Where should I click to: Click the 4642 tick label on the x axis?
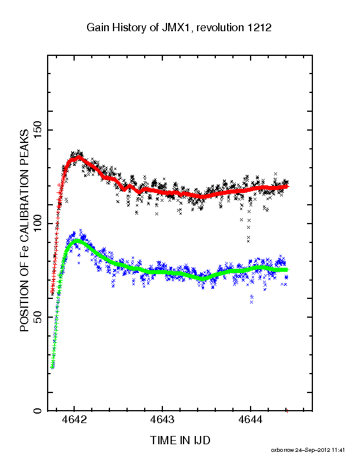coord(75,420)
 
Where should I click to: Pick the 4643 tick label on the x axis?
coord(162,420)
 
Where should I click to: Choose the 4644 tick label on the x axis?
coord(251,420)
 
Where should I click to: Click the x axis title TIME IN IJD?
coord(180,440)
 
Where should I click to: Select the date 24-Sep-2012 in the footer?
coord(312,450)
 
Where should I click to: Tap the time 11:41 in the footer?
coord(338,450)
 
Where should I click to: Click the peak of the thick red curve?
coord(79,157)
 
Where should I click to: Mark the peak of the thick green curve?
coord(77,241)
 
